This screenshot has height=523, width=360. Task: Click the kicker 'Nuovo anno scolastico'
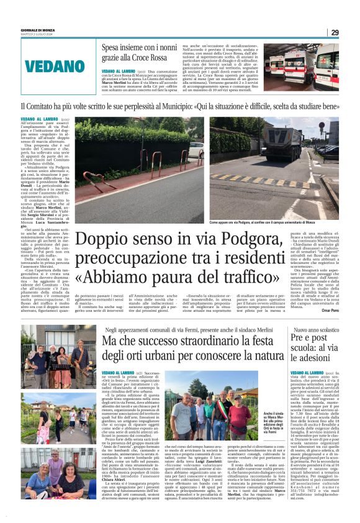(315, 329)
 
